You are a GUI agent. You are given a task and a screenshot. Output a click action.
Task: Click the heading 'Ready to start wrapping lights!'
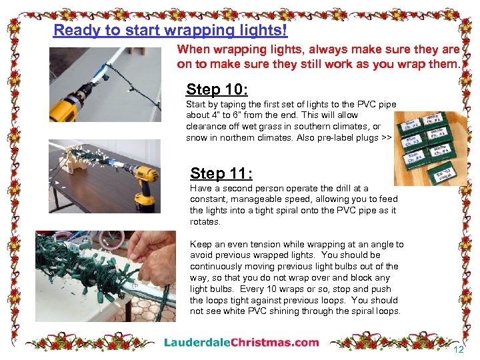[170, 30]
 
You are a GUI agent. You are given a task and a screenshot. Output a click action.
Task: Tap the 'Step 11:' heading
[221, 173]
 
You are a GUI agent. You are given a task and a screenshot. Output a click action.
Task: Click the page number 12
[458, 349]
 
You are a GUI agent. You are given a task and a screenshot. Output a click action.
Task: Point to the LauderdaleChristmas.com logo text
[241, 343]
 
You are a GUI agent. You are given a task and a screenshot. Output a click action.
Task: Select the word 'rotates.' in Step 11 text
[205, 221]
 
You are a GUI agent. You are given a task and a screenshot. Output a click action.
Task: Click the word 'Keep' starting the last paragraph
[200, 244]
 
